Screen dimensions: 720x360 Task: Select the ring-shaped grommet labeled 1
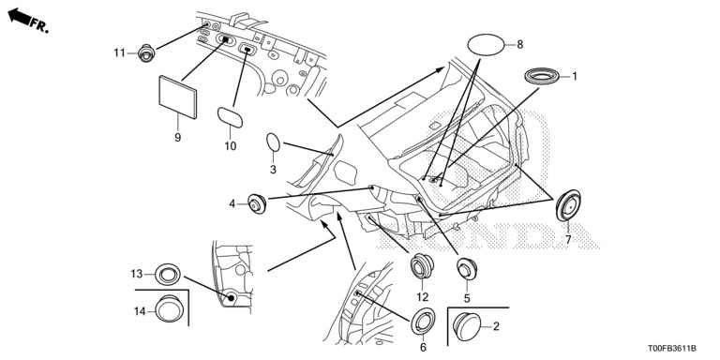[541, 76]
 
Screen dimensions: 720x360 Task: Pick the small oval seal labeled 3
[273, 142]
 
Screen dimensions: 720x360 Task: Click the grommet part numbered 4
[257, 203]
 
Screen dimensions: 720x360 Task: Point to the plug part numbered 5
[467, 269]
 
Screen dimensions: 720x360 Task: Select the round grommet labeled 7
[568, 205]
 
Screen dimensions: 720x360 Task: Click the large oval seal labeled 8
[486, 45]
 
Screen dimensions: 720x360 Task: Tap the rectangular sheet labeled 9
[178, 97]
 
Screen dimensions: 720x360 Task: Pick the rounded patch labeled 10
[230, 117]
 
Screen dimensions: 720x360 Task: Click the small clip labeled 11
[146, 53]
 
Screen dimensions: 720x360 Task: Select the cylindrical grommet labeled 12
[422, 266]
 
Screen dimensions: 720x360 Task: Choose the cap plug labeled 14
[169, 309]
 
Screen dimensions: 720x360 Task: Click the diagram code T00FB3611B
[672, 349]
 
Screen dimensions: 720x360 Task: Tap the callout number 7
[568, 240]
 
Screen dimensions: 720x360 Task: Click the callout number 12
[423, 297]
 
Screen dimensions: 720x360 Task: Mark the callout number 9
[178, 137]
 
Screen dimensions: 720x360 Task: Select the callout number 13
[137, 274]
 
